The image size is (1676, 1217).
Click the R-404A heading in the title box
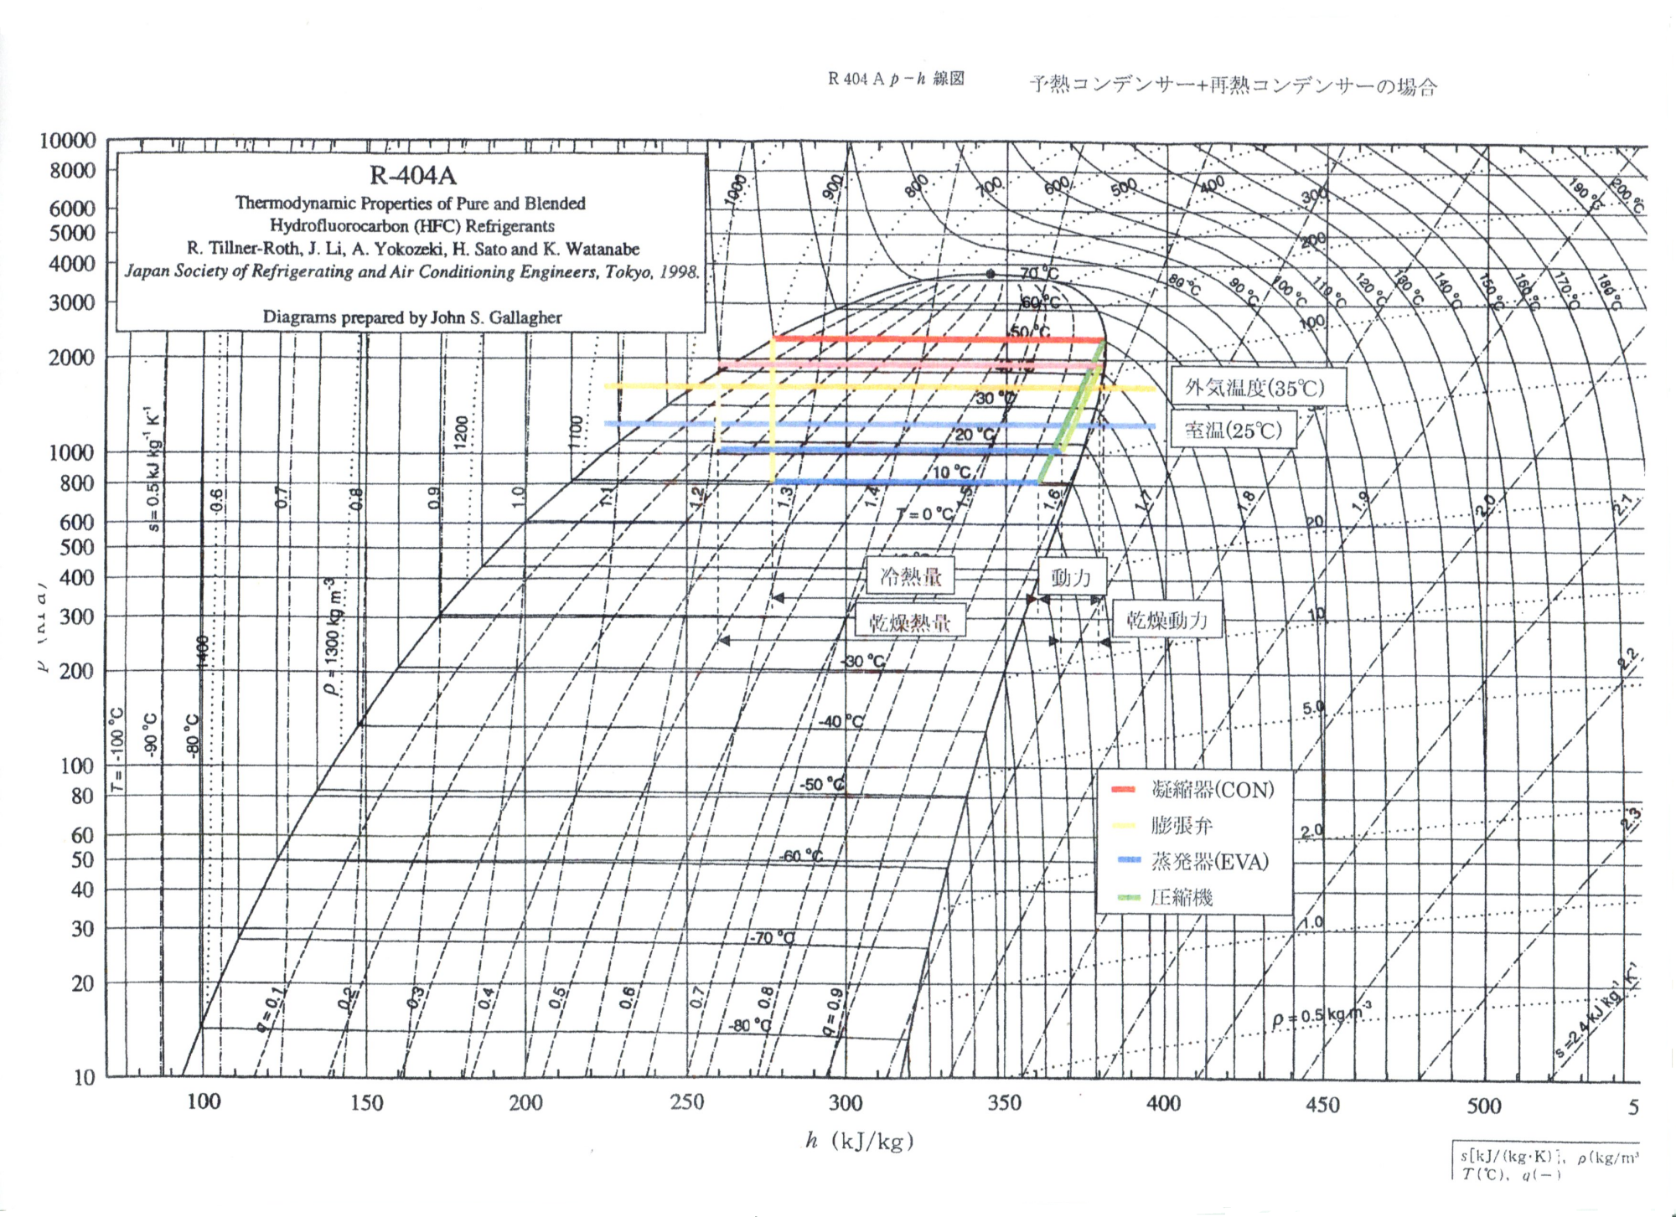(x=412, y=176)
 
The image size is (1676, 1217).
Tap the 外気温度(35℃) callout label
(x=1254, y=388)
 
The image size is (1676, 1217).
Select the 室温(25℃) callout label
(x=1233, y=431)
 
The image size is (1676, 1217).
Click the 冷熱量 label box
(x=911, y=576)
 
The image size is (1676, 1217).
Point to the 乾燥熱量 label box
(x=909, y=622)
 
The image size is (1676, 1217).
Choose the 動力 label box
(x=1071, y=577)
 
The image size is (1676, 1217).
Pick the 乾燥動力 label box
(x=1166, y=621)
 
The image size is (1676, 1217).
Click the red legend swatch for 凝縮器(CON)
(x=1122, y=790)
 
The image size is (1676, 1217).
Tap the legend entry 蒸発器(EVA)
(x=1209, y=862)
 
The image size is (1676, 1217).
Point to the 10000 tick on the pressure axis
(x=68, y=141)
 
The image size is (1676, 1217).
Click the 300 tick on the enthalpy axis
(x=845, y=1103)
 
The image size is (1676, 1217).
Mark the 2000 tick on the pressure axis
(x=75, y=358)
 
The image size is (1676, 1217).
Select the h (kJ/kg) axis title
(x=859, y=1142)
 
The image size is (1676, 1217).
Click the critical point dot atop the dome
(x=991, y=274)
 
